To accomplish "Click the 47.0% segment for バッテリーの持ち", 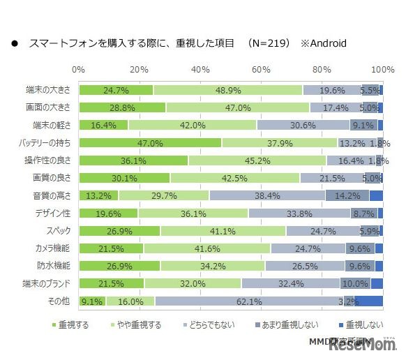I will point(150,143).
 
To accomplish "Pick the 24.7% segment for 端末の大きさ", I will point(116,90).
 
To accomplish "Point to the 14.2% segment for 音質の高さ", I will point(347,196).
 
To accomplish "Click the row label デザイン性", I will point(52,213).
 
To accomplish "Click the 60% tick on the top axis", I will point(261,70).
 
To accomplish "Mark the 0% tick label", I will point(79,70).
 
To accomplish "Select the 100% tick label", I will point(382,70).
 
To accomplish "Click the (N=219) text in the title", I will point(266,43).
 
